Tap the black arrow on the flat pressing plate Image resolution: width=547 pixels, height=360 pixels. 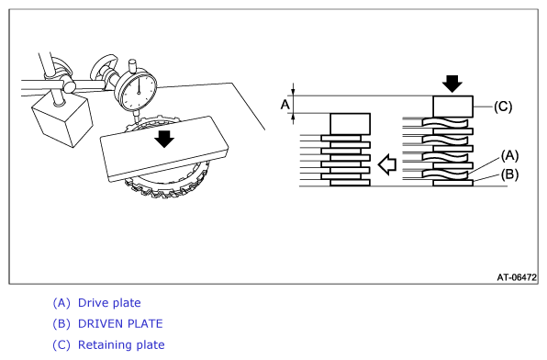point(164,139)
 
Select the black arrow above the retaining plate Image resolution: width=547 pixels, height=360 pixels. point(452,84)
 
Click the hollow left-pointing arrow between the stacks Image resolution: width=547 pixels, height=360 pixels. point(387,164)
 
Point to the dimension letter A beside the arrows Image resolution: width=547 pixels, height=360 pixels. point(285,105)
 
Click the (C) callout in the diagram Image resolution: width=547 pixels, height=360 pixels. point(503,107)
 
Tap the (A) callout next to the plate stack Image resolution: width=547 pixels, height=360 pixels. point(509,155)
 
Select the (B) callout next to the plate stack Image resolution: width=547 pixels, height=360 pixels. point(509,174)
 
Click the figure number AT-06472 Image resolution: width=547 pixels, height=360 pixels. point(517,277)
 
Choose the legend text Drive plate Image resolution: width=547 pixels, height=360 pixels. point(109,303)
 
